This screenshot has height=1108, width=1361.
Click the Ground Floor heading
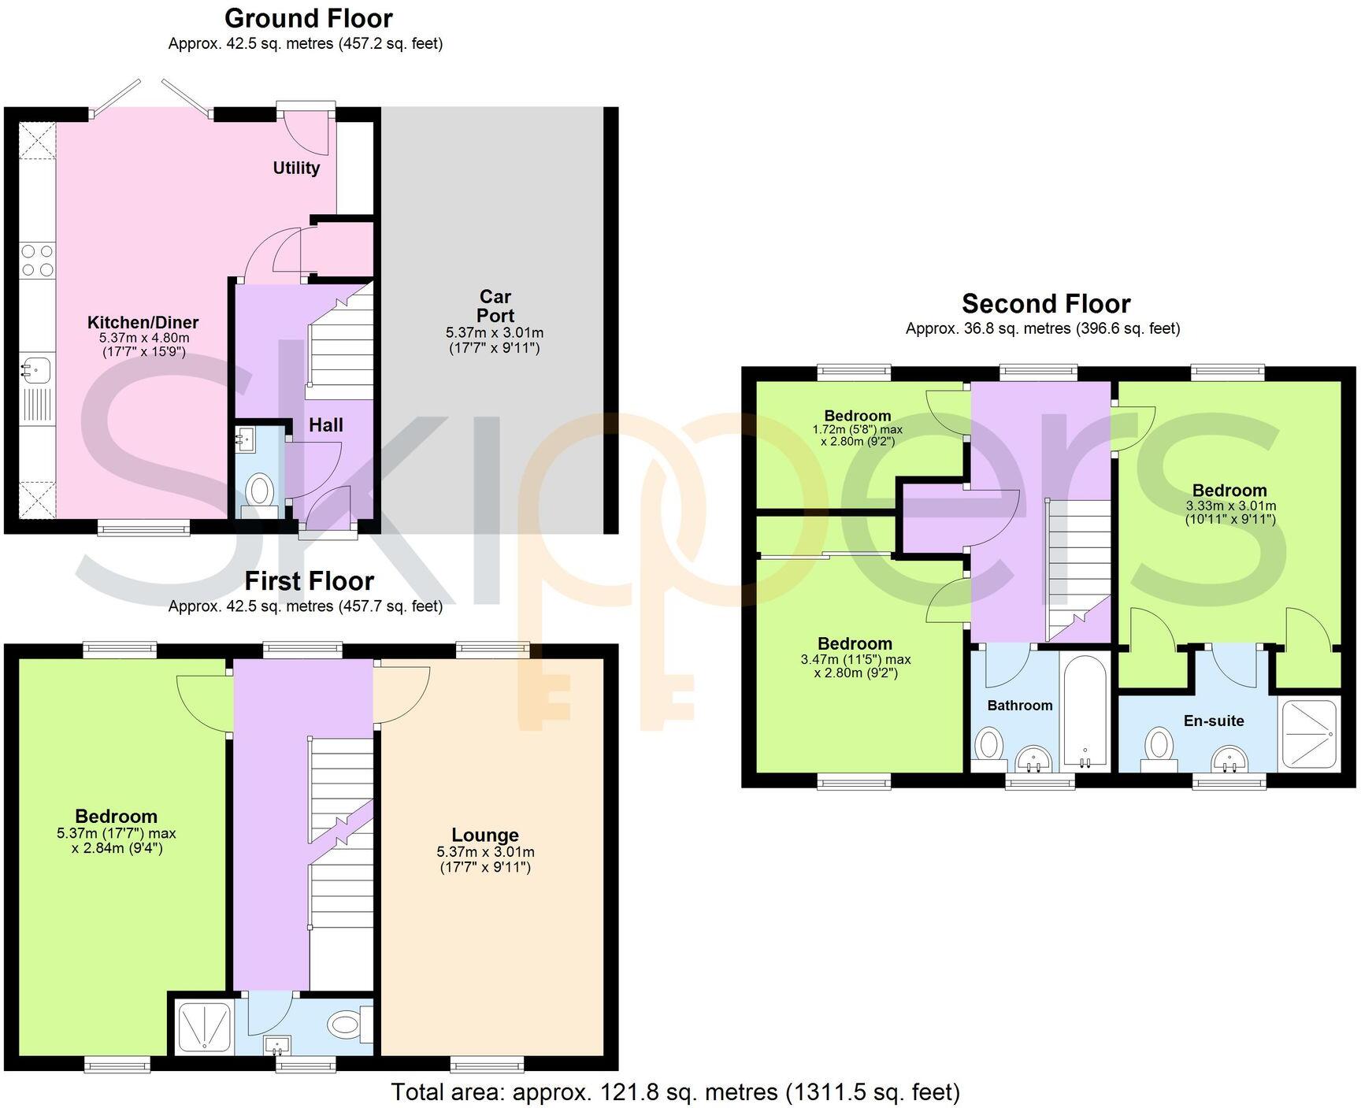tap(308, 18)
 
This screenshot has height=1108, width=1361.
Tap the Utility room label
tap(296, 168)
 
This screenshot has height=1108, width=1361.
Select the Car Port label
tap(495, 306)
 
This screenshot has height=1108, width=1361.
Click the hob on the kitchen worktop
tap(38, 261)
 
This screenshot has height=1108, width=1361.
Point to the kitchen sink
tap(36, 369)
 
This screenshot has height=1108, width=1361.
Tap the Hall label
tap(325, 425)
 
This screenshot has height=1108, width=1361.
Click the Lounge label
tap(484, 835)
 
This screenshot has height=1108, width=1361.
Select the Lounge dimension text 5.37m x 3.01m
tap(485, 852)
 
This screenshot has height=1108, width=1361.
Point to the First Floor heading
tap(309, 581)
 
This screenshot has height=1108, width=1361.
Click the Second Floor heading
tap(1045, 303)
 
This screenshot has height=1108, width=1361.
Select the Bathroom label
tap(1019, 706)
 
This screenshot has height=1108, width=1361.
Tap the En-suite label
tap(1213, 721)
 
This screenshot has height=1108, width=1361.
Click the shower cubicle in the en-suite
tap(1310, 733)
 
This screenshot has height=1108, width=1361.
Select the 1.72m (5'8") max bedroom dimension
tap(857, 430)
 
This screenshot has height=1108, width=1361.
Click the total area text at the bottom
tap(675, 1092)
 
